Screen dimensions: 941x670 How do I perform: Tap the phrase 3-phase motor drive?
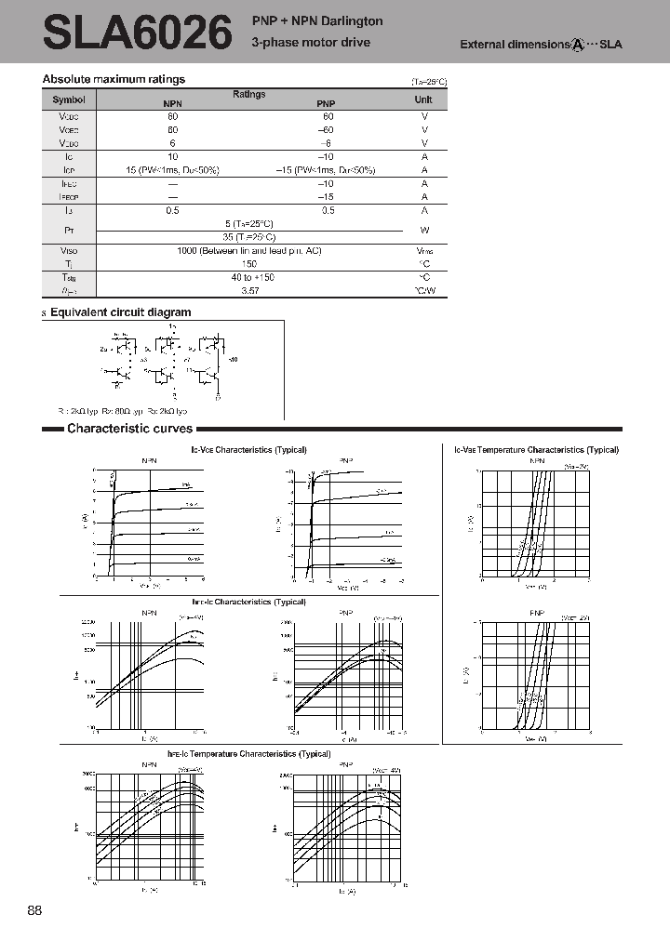(x=311, y=43)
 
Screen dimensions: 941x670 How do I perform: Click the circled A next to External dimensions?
(x=578, y=45)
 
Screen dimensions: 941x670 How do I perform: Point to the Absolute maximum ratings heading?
(x=114, y=80)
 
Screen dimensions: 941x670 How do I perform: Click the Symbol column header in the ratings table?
(x=68, y=99)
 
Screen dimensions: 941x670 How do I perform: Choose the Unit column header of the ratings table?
(x=423, y=99)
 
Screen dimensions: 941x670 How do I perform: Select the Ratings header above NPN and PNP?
(x=248, y=94)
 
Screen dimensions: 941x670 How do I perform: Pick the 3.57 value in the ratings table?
(x=249, y=291)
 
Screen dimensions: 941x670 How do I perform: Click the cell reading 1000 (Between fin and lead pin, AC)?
(x=249, y=251)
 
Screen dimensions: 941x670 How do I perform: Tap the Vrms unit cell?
(x=424, y=251)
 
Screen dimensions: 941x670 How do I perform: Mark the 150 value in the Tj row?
(x=249, y=264)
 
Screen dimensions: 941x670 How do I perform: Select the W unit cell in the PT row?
(x=424, y=230)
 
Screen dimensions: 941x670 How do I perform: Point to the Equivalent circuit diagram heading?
(x=120, y=312)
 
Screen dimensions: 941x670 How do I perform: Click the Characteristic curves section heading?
(x=129, y=429)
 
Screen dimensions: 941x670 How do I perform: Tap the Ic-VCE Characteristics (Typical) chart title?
(x=248, y=450)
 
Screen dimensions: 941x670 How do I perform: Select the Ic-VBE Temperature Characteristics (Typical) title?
(x=536, y=450)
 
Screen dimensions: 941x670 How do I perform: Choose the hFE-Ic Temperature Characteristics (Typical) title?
(x=248, y=754)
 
